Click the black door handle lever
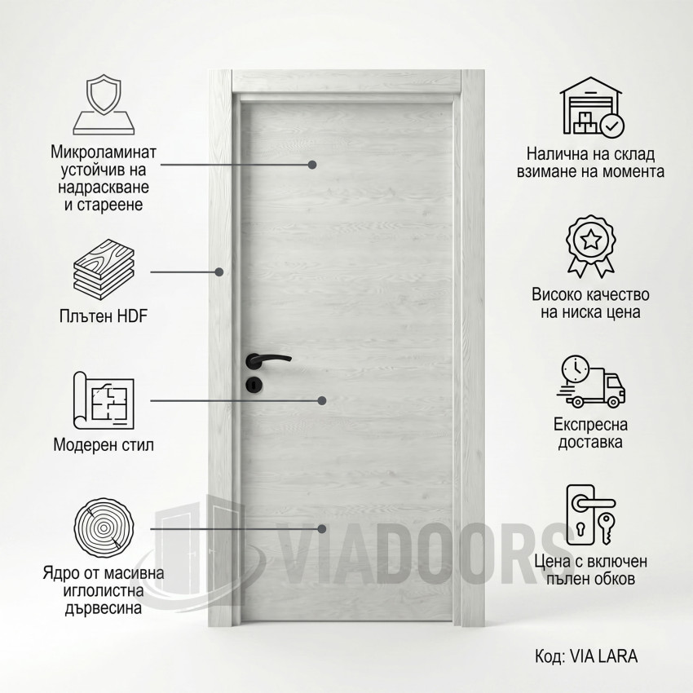click(268, 360)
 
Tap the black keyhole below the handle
click(254, 385)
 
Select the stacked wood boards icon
click(104, 270)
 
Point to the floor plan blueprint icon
click(104, 400)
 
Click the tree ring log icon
click(104, 527)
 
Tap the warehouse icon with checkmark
click(592, 107)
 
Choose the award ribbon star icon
click(590, 246)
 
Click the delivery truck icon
click(590, 381)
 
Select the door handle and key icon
click(591, 516)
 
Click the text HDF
click(132, 316)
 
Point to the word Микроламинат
click(104, 152)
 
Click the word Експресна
click(590, 424)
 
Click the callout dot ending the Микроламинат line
click(312, 165)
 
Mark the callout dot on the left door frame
click(218, 271)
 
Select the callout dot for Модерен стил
click(322, 400)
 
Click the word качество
click(618, 294)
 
